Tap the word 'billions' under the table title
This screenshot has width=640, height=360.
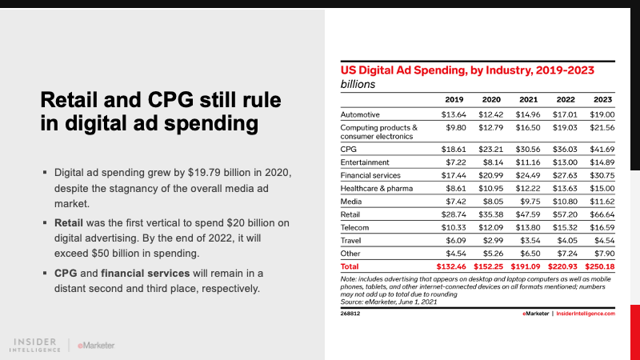(358, 83)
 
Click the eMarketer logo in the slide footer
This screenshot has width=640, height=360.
(96, 345)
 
